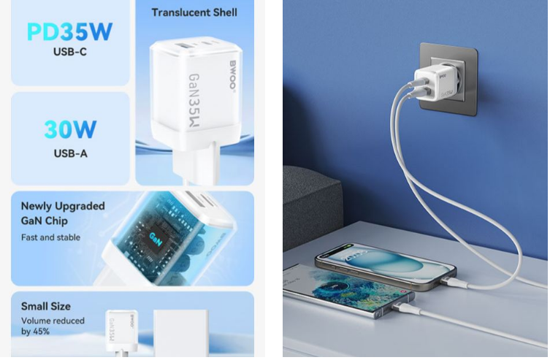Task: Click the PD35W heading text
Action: click(x=70, y=31)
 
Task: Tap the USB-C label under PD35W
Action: click(x=70, y=52)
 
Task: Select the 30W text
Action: click(x=70, y=129)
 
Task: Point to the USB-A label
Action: click(x=71, y=153)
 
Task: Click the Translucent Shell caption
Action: click(x=194, y=12)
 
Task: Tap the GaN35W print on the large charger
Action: click(x=194, y=101)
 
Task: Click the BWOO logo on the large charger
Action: click(x=232, y=75)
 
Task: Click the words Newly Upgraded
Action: click(x=63, y=206)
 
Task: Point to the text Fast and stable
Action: click(x=50, y=237)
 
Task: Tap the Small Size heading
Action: click(x=45, y=307)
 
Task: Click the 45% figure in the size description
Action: click(x=42, y=332)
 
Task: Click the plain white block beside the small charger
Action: click(x=181, y=332)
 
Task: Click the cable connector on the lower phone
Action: click(x=403, y=307)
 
